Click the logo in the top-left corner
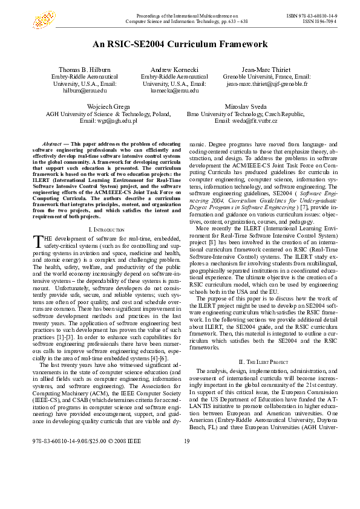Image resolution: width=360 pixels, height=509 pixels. click(x=43, y=20)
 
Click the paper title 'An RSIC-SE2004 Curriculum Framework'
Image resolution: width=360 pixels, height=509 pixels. click(x=180, y=44)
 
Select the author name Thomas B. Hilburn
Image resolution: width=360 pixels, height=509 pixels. click(x=80, y=70)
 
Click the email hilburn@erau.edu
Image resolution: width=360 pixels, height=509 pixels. click(x=80, y=90)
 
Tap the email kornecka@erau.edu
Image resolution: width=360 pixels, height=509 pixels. click(x=174, y=90)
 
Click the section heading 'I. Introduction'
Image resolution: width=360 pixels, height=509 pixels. click(x=106, y=230)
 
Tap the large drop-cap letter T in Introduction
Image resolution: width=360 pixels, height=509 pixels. click(x=37, y=241)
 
